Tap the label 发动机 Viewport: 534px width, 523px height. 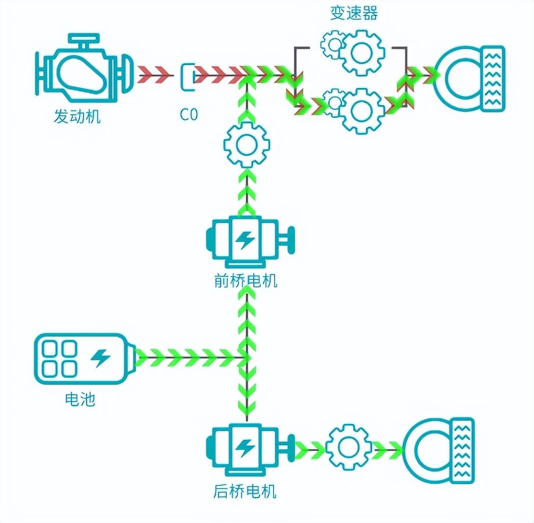tap(77, 116)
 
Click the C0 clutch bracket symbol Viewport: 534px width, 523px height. tap(187, 76)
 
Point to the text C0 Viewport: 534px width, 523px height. tap(189, 114)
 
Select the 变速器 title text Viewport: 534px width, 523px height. tap(353, 13)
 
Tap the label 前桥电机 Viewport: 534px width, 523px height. tap(246, 281)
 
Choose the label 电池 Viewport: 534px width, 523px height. tap(80, 400)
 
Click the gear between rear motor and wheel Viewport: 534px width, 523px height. tap(348, 447)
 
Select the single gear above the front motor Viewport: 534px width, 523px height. tap(246, 145)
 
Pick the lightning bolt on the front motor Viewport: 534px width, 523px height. tap(245, 240)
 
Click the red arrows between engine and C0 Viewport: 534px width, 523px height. tap(154, 74)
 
